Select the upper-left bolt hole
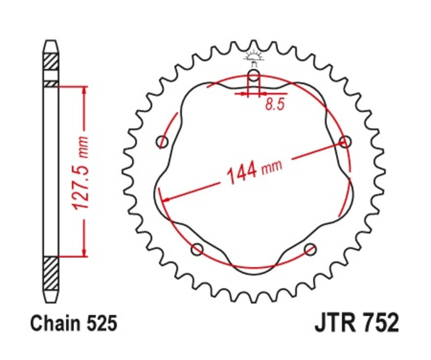163,142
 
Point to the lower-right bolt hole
311,249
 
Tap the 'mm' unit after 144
272,166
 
